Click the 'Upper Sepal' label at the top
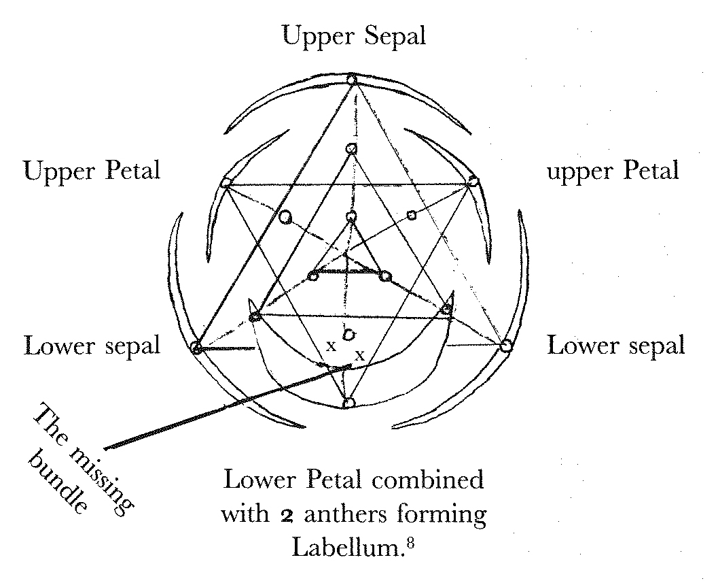(354, 35)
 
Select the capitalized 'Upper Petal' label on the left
(92, 169)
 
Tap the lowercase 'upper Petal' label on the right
(613, 169)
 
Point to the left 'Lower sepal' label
(92, 345)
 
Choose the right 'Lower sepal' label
(615, 345)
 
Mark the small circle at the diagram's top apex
(351, 80)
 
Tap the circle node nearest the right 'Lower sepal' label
(505, 346)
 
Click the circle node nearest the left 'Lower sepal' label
(196, 348)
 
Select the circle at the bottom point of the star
(348, 403)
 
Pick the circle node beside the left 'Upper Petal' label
(226, 183)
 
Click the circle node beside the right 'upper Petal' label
(473, 182)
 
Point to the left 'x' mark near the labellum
(331, 346)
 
